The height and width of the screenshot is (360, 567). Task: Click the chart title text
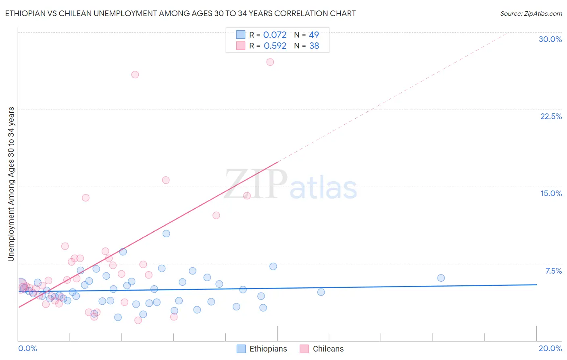tap(180, 13)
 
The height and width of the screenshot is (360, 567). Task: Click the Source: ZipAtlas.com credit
tap(531, 14)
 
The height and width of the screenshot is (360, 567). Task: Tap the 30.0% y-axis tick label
tap(550, 39)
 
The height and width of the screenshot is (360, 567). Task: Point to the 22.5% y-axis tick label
tap(551, 116)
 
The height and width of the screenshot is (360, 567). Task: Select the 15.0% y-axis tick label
tap(551, 193)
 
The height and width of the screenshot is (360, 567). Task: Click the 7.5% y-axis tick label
tap(553, 271)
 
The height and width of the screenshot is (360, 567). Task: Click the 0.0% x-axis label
tap(27, 348)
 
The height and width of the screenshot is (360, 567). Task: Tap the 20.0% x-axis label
tap(550, 348)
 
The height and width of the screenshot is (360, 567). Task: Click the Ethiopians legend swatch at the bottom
tap(241, 349)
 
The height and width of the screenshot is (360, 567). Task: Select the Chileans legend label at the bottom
tap(328, 349)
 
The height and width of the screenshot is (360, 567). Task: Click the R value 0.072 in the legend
tap(275, 35)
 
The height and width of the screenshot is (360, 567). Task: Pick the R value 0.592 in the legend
tap(275, 46)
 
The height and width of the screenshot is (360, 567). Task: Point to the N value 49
tap(314, 35)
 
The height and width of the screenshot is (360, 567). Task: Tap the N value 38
tap(314, 46)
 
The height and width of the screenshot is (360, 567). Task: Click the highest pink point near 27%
tap(270, 62)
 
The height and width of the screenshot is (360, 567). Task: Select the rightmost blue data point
tap(441, 278)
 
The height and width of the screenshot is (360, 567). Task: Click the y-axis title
tap(11, 184)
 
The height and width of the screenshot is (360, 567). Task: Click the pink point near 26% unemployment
tap(135, 75)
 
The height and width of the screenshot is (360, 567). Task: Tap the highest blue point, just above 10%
tap(166, 234)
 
